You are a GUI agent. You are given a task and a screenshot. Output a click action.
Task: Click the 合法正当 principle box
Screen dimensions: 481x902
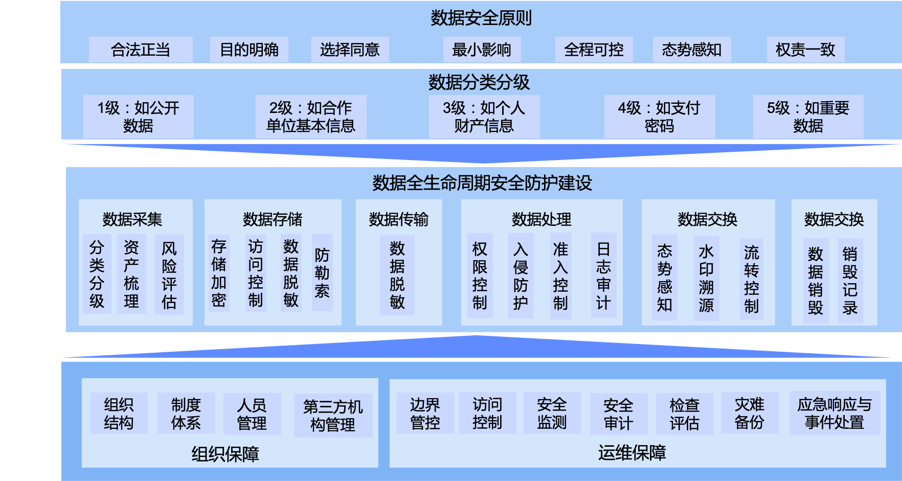(x=141, y=50)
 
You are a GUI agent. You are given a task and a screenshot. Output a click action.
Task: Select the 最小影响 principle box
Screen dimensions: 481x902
(x=482, y=50)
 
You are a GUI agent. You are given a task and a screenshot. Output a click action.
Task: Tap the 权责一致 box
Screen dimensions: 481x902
(x=805, y=50)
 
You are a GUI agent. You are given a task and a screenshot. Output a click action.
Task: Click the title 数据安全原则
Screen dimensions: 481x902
(x=481, y=18)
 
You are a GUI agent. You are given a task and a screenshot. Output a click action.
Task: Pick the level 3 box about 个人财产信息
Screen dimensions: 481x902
(x=484, y=117)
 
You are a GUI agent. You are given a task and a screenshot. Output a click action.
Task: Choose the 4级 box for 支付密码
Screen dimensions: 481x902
(x=659, y=117)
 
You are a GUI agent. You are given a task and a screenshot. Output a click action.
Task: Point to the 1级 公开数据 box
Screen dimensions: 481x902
(x=138, y=117)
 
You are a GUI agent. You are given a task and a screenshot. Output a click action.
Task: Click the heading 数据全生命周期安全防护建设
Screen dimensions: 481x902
(x=482, y=182)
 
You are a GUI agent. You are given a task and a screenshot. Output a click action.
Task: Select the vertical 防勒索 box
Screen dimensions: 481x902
(x=322, y=272)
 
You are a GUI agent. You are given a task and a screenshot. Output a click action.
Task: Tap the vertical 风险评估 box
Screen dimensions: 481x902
(x=169, y=275)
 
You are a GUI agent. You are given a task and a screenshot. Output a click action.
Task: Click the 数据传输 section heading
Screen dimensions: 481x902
(x=399, y=219)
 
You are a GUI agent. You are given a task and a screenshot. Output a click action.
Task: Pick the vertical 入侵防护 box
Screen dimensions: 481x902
(x=521, y=276)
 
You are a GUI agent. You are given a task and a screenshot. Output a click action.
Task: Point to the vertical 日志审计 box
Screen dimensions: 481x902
(x=603, y=276)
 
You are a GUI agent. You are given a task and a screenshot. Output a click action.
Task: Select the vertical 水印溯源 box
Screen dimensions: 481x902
(x=706, y=278)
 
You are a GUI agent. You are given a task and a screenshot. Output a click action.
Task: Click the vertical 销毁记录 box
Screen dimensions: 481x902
(x=850, y=281)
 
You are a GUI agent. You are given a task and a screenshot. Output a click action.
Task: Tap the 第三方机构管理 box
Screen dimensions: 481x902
(x=333, y=415)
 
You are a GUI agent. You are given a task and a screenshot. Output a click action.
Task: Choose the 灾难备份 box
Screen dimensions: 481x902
(x=750, y=413)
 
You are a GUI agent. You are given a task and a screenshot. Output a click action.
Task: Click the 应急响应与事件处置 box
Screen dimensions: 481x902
(x=835, y=413)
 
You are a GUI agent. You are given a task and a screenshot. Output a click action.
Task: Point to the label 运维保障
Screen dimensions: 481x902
(x=632, y=453)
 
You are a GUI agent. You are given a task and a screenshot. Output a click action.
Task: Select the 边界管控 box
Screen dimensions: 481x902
(x=425, y=413)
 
